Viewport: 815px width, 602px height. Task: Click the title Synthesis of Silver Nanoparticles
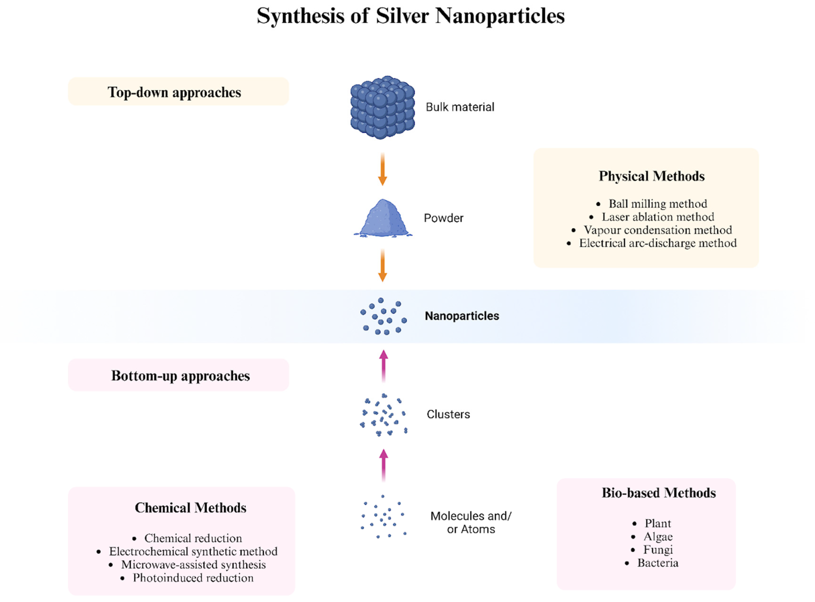point(411,16)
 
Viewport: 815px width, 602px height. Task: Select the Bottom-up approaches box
point(178,375)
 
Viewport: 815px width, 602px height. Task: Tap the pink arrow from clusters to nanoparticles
point(383,366)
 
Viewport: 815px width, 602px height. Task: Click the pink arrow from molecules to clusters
point(383,465)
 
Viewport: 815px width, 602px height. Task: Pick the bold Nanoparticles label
point(462,316)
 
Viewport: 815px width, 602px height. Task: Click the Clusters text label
point(448,414)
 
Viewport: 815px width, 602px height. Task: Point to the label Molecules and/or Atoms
point(471,522)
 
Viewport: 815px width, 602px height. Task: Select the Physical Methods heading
point(651,176)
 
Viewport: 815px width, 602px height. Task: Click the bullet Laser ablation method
point(657,217)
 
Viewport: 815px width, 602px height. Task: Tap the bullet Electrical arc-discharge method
point(657,243)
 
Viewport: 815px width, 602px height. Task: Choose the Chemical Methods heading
point(190,508)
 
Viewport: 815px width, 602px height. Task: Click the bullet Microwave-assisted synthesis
point(193,564)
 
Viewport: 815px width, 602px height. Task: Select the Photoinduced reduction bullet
point(193,578)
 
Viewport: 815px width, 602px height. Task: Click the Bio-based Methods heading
point(658,493)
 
